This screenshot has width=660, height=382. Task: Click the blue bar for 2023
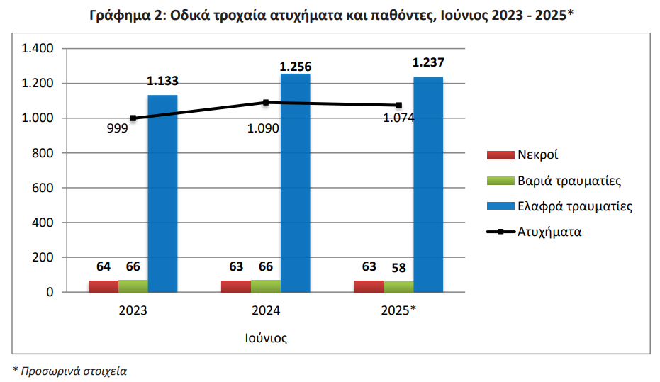coord(162,193)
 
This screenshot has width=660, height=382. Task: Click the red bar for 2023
coord(104,286)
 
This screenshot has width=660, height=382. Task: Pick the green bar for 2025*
coord(398,287)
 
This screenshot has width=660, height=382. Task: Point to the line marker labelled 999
coord(133,118)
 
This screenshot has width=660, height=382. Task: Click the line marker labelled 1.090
coord(266,102)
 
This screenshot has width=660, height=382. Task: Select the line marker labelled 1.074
coord(398,105)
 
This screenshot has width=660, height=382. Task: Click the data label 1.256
coord(296,67)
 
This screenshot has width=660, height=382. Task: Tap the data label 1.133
coord(162,82)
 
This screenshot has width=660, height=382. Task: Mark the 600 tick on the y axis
coord(44,188)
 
